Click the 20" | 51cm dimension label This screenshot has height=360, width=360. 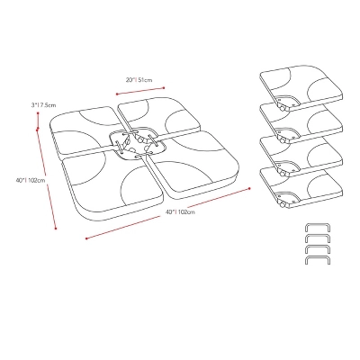pyautogui.click(x=139, y=80)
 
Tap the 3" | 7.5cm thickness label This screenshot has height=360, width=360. pyautogui.click(x=43, y=105)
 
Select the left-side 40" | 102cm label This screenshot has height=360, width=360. pyautogui.click(x=31, y=180)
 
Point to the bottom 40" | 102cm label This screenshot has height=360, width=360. pyautogui.click(x=180, y=211)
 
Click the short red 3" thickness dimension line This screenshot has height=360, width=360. pyautogui.click(x=38, y=121)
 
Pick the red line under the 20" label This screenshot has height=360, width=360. pyautogui.click(x=140, y=91)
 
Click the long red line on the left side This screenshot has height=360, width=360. pyautogui.click(x=47, y=179)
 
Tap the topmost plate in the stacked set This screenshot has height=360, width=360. pyautogui.click(x=301, y=87)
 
